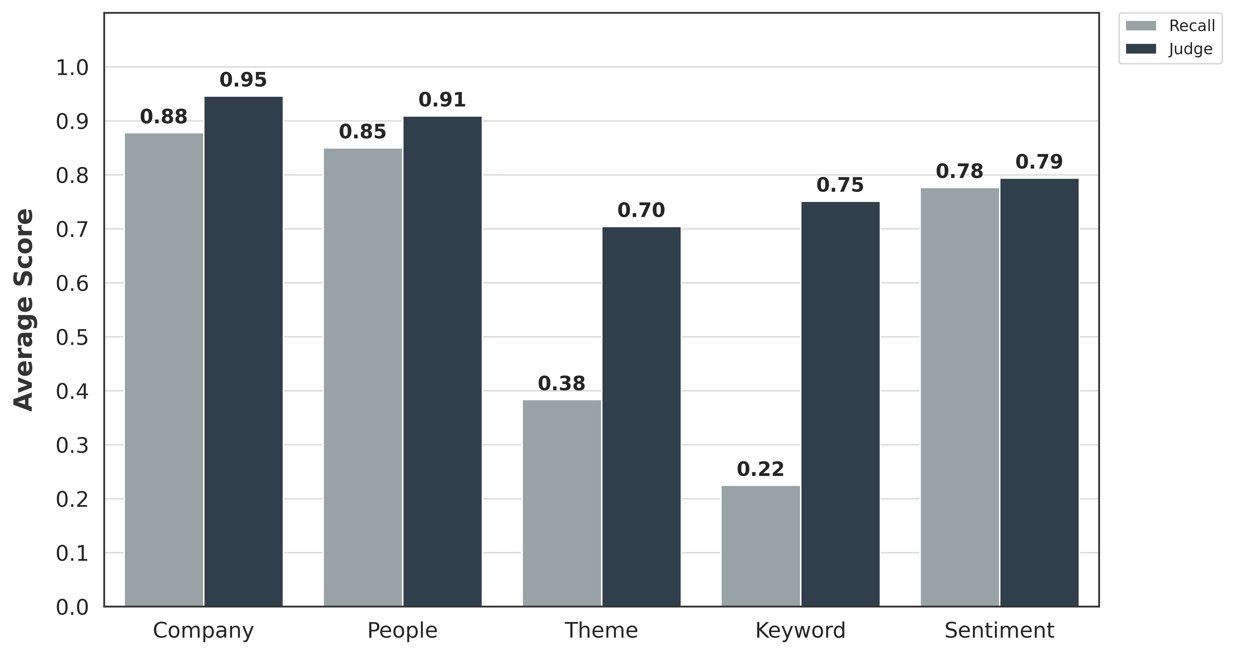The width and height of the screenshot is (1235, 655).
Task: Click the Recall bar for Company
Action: click(x=164, y=369)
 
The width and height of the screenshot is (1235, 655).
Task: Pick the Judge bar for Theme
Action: click(x=641, y=417)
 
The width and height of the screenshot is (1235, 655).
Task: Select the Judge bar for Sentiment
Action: click(x=1039, y=393)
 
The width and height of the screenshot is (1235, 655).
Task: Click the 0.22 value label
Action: click(x=760, y=469)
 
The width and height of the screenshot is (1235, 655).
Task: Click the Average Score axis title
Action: click(x=24, y=310)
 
